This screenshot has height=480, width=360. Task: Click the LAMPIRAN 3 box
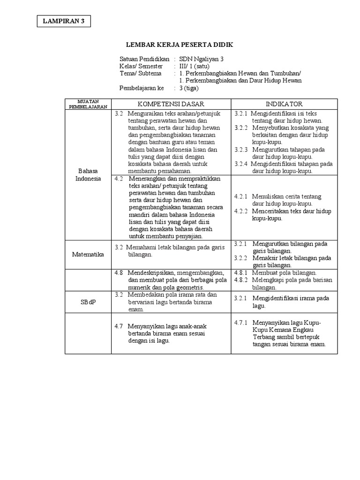tap(64, 21)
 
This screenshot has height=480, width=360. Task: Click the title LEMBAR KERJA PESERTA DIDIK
tap(180, 45)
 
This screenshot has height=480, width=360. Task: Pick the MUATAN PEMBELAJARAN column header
tap(88, 104)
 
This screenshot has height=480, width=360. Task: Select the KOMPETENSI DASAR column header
tap(171, 104)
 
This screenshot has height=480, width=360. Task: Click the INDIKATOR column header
tap(285, 104)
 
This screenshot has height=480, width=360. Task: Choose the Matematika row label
tap(88, 254)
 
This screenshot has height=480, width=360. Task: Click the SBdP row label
tap(88, 302)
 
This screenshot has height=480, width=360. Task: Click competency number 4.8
tap(119, 273)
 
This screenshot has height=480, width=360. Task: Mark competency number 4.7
tap(119, 326)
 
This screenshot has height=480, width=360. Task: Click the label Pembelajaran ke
tap(142, 88)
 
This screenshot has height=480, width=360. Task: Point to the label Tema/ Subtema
tap(140, 74)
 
